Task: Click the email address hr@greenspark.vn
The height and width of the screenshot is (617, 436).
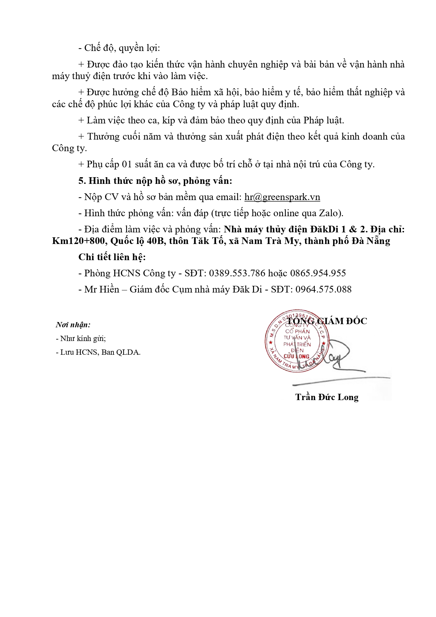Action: coord(282,197)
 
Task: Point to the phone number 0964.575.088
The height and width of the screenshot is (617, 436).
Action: coord(323,290)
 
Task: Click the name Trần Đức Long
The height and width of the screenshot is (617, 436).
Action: coord(327,397)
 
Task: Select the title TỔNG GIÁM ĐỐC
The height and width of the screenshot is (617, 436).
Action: coord(327,321)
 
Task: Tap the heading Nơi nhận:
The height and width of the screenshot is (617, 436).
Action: coord(73,325)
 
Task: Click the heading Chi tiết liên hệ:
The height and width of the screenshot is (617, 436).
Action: coord(112,257)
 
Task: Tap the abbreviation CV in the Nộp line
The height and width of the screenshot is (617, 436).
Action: coord(111,197)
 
